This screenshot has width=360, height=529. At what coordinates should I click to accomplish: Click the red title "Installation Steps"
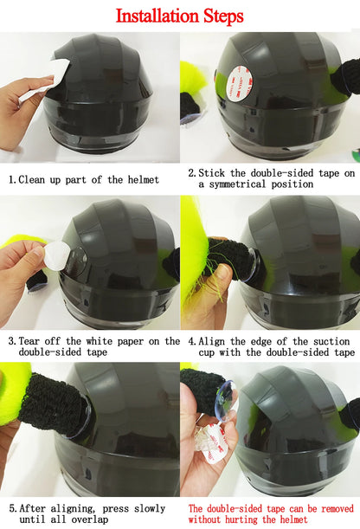click(180, 16)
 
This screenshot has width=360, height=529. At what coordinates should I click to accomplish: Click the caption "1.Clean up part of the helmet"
click(84, 179)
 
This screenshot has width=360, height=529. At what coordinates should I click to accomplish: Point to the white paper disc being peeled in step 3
click(56, 256)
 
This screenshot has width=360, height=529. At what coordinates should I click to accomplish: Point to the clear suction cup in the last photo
click(222, 407)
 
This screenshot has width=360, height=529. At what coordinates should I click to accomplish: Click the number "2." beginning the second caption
click(192, 173)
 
